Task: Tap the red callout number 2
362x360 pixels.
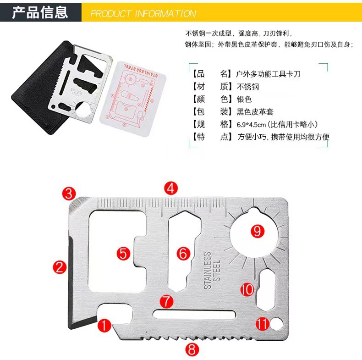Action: [x=60, y=266]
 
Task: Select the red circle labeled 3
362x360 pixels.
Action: [x=69, y=193]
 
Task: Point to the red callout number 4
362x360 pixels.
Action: [x=171, y=187]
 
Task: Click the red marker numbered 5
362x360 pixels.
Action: [x=123, y=253]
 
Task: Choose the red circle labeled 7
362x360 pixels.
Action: [x=167, y=301]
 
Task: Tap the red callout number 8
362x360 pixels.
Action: [x=192, y=349]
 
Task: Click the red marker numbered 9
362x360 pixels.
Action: [x=257, y=230]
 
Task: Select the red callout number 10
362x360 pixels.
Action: [x=247, y=289]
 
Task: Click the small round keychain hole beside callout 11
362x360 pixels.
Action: [x=276, y=324]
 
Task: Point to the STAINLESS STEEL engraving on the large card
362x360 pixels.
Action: [x=212, y=271]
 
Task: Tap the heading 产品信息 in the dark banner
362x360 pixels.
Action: [x=40, y=12]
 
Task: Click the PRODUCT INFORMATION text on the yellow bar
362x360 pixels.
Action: [x=143, y=13]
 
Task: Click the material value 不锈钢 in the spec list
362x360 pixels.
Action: [x=248, y=86]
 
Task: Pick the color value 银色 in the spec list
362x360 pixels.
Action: [x=244, y=99]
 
